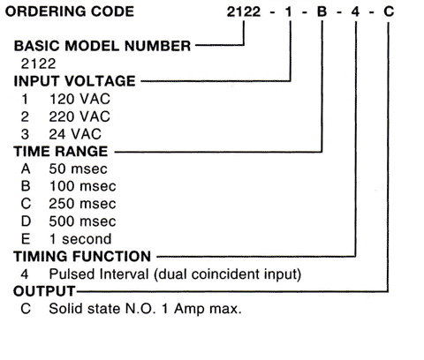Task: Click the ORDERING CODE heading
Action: click(70, 11)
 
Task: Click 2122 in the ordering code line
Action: click(244, 12)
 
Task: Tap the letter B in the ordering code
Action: click(322, 11)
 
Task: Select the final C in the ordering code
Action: click(389, 11)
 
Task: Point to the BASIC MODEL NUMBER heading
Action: click(102, 46)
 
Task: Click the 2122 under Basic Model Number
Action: click(38, 64)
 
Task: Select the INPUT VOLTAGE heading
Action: click(74, 81)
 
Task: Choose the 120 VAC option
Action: click(79, 99)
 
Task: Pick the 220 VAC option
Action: click(79, 116)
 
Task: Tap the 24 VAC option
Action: click(75, 134)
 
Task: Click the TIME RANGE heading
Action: click(61, 152)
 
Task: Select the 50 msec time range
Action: click(78, 169)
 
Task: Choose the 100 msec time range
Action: click(83, 186)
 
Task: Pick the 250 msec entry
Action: click(82, 204)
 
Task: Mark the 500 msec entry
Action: click(82, 221)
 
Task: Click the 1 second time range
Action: click(80, 238)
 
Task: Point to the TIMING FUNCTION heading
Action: click(82, 256)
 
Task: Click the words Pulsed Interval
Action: click(99, 274)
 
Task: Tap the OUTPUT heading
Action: click(44, 291)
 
